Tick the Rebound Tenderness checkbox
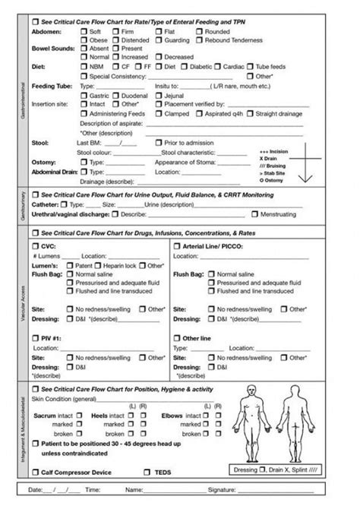click(199, 40)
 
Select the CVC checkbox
click(35, 247)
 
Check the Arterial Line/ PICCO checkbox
click(177, 247)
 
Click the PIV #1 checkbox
click(35, 338)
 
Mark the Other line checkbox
click(177, 338)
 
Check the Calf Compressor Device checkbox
click(35, 472)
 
